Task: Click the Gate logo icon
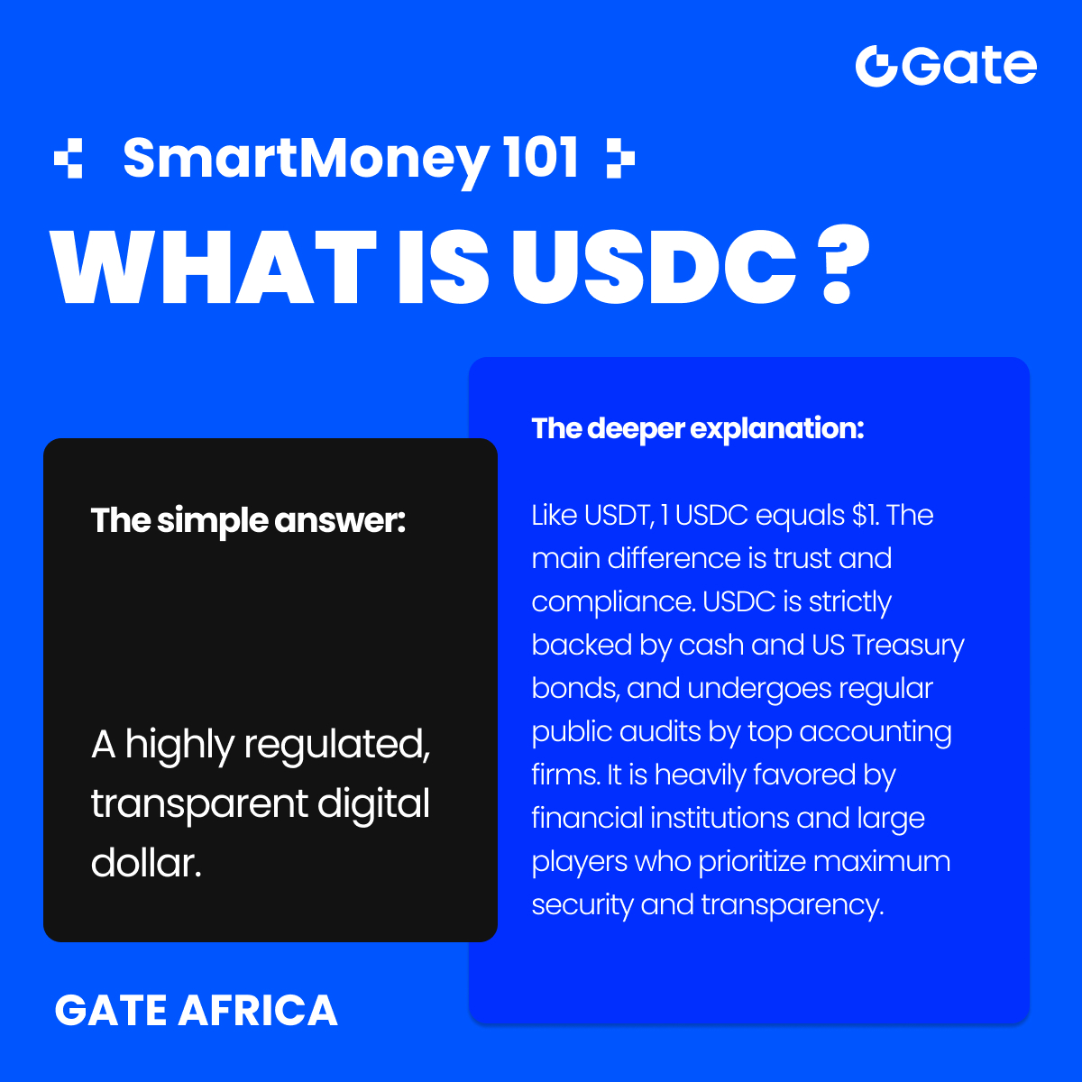click(x=876, y=66)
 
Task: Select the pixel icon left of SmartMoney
click(x=69, y=159)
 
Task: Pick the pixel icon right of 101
click(x=620, y=159)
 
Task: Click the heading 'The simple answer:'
click(x=248, y=520)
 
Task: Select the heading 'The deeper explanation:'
click(x=697, y=428)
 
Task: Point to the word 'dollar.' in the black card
click(x=145, y=863)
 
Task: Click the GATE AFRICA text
click(x=196, y=1011)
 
